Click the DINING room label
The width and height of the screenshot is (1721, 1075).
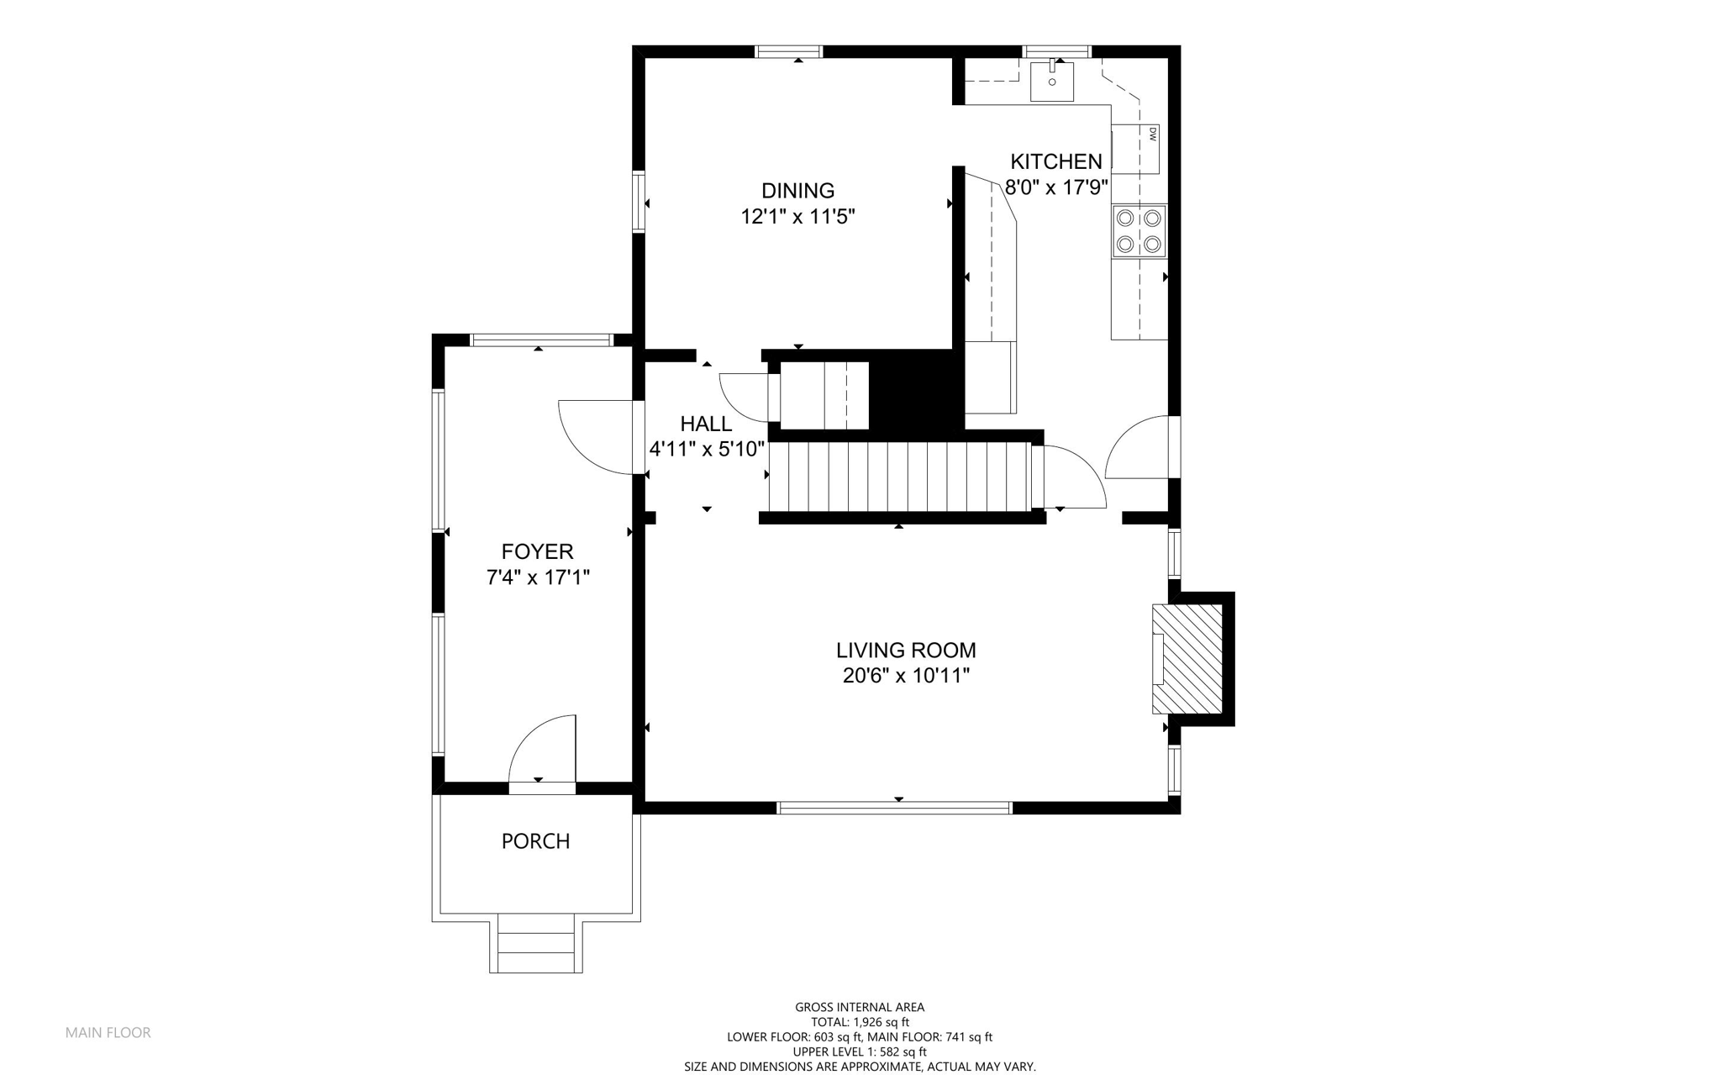[797, 191]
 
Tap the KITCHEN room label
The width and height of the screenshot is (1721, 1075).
[1055, 161]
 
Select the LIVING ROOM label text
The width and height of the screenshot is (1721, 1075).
[906, 650]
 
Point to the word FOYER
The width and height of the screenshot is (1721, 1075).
[537, 551]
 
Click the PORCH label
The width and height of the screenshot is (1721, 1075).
[535, 841]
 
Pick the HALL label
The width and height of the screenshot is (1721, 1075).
[706, 424]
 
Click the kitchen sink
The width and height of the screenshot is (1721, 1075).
[1052, 82]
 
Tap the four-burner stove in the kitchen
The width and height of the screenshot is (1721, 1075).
[1139, 231]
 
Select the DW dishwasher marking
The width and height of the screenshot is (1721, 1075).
[1152, 133]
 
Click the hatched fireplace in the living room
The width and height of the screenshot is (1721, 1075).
[1187, 659]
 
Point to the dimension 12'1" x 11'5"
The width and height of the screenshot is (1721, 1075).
[797, 217]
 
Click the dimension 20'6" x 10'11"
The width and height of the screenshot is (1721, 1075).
[906, 676]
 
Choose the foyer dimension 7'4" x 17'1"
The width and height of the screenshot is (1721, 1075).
[538, 577]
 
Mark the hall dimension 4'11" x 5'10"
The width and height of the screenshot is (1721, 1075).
[707, 450]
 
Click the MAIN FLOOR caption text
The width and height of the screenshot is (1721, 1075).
[108, 1033]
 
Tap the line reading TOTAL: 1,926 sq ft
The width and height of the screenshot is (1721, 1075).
[860, 1022]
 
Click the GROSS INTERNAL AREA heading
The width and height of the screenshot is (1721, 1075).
[860, 1007]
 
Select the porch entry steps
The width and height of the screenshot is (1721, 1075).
[536, 943]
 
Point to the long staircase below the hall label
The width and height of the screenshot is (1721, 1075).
[899, 477]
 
